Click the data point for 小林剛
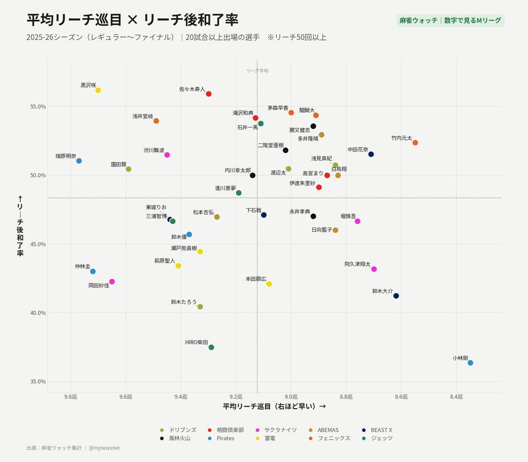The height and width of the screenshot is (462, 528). (x=470, y=363)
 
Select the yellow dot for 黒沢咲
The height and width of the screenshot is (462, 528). (x=98, y=90)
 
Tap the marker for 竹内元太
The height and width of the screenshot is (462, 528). (x=415, y=143)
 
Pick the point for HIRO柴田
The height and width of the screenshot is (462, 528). (x=211, y=347)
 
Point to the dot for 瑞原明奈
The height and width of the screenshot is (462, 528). (x=79, y=161)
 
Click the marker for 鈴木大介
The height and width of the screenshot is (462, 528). (x=396, y=296)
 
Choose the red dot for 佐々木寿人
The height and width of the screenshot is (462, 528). (x=209, y=94)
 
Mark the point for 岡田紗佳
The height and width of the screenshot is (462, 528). (x=112, y=282)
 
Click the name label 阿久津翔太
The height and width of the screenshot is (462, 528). (x=357, y=264)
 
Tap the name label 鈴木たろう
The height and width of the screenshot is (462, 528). (x=183, y=302)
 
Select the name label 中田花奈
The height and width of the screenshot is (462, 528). (x=358, y=150)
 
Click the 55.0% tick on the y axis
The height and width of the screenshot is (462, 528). (x=38, y=106)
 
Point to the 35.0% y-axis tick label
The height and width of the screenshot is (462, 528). (x=38, y=381)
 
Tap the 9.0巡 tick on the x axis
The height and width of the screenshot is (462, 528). (x=291, y=397)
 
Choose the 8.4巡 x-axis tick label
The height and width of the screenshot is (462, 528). (x=456, y=397)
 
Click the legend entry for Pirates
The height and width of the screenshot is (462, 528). (x=221, y=438)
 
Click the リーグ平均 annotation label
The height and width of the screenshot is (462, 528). (x=257, y=71)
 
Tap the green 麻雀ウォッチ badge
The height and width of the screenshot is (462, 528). (x=450, y=20)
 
